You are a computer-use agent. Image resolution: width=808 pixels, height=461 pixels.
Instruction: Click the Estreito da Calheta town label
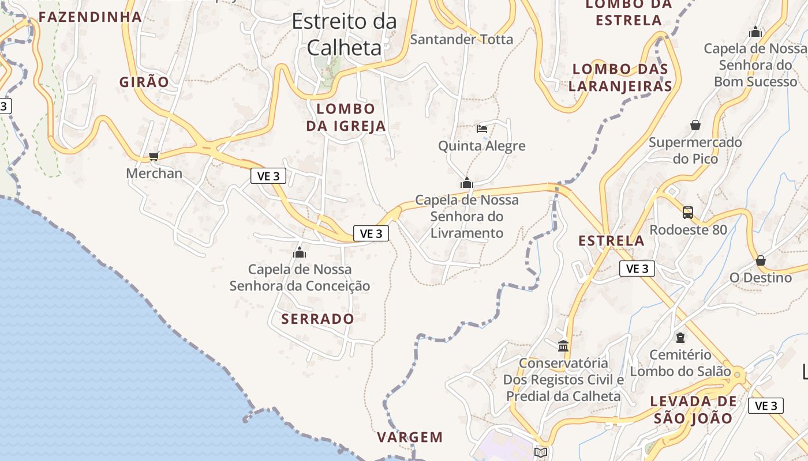[x=345, y=35]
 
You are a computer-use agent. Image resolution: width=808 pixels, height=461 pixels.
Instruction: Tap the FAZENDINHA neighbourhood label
[x=90, y=17]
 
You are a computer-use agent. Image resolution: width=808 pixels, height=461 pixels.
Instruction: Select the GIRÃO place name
[x=144, y=82]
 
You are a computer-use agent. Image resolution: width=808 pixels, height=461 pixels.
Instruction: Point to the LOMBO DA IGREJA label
[x=346, y=117]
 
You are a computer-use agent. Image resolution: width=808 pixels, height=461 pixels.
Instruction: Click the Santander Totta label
[x=461, y=39]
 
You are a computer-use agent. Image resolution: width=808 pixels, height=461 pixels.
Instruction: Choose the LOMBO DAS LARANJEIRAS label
[x=620, y=77]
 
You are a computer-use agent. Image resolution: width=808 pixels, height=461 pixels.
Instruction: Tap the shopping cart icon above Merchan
[x=154, y=156]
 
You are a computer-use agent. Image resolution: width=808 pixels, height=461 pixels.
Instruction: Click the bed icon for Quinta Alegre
[x=482, y=129]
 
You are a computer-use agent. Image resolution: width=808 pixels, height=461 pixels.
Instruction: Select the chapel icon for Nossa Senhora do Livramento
[x=467, y=183]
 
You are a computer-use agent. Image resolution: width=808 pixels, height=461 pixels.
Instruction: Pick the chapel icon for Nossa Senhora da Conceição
[x=300, y=252]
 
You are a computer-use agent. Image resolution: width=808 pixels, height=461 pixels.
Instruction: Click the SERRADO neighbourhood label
[x=317, y=319]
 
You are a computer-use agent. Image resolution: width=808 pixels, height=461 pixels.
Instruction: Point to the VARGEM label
[x=410, y=437]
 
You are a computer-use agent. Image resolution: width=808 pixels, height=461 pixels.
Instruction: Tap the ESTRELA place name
[x=611, y=241]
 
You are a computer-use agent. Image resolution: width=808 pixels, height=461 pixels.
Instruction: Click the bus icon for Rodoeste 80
[x=688, y=212]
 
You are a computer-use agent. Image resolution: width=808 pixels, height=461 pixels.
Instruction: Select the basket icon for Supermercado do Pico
[x=695, y=125]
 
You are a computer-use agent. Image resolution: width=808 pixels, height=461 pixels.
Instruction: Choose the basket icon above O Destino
[x=761, y=260]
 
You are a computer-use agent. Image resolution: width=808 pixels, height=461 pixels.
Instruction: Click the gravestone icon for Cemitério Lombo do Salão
[x=680, y=337]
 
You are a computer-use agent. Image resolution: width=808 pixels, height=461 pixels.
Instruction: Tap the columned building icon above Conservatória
[x=563, y=346]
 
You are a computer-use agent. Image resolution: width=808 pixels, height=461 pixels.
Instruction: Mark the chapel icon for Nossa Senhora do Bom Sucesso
[x=755, y=32]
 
